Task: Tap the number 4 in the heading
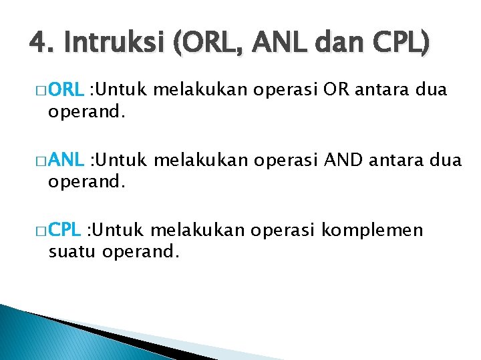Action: click(x=37, y=44)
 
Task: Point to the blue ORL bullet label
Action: click(x=65, y=90)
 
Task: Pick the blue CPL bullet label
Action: click(x=65, y=231)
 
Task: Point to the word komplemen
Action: click(x=372, y=231)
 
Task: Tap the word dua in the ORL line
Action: click(x=431, y=90)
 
